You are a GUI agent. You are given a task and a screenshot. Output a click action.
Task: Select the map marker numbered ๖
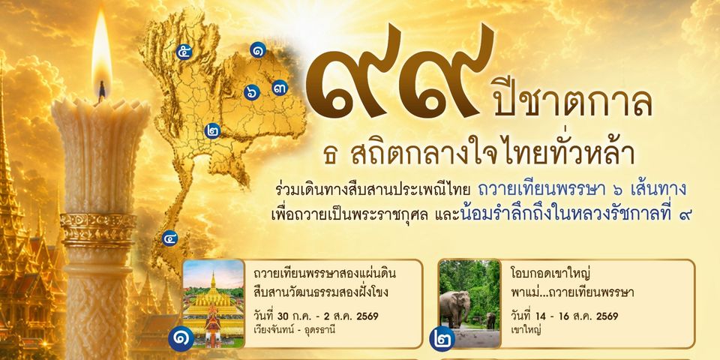[252, 92]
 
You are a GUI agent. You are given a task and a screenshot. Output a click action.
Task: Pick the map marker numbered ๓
[280, 88]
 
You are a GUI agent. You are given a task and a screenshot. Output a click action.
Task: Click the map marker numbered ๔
[170, 238]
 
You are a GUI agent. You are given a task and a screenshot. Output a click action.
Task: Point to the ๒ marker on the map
[212, 130]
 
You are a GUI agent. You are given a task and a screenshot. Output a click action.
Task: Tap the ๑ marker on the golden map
[258, 49]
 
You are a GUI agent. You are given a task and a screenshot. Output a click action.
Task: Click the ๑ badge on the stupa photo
[181, 339]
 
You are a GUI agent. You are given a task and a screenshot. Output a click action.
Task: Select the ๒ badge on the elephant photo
[442, 339]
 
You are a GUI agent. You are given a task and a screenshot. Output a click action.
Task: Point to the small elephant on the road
[490, 320]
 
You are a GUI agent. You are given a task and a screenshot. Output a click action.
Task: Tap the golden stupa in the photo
[213, 298]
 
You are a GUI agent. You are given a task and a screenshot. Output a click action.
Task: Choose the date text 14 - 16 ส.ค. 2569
[564, 316]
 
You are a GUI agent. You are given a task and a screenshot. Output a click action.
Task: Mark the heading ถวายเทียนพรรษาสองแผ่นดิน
[324, 274]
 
